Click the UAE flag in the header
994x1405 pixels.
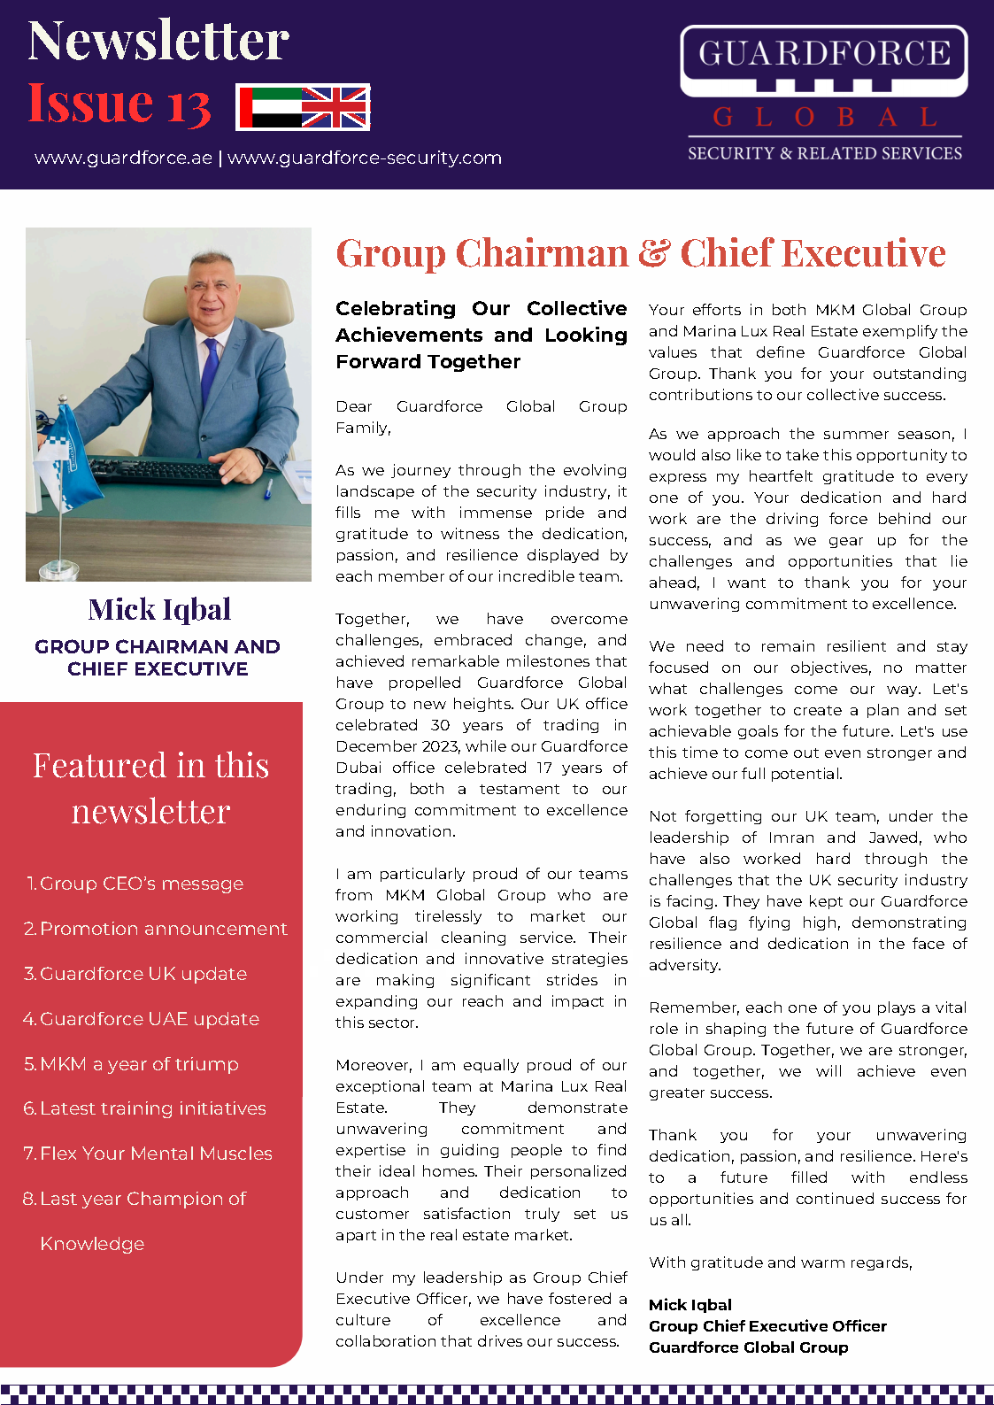coord(272,108)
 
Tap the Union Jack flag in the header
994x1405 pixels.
coord(335,108)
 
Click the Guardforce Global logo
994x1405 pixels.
coord(824,94)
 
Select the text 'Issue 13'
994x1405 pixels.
coord(119,104)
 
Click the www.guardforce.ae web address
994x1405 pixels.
coord(123,158)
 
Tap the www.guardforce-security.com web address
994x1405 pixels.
coord(365,158)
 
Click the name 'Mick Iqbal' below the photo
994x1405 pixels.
coord(159,609)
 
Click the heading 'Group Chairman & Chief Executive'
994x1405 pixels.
coord(641,253)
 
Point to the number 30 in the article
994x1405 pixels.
coord(440,725)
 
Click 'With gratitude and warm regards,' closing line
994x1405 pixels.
coord(780,1262)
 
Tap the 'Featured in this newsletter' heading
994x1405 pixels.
coord(151,788)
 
